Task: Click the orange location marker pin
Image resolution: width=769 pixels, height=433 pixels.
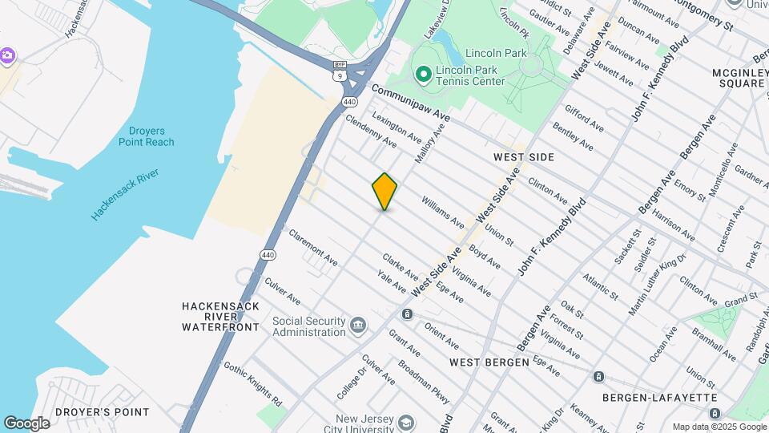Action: [384, 191]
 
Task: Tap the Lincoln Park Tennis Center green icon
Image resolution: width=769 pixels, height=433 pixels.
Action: [424, 75]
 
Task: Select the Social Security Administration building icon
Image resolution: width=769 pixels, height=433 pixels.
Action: [358, 326]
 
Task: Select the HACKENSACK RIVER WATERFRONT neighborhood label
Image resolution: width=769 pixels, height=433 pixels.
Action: [220, 316]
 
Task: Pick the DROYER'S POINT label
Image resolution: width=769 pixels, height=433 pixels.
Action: [110, 412]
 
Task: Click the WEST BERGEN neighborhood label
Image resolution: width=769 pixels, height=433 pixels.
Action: [489, 362]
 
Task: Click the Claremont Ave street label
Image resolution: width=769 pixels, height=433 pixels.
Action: [313, 248]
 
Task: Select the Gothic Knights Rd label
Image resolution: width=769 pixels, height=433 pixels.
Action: [252, 382]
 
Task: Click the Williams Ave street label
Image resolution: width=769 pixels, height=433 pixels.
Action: [442, 212]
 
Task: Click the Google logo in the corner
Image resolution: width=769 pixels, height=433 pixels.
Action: [26, 423]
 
